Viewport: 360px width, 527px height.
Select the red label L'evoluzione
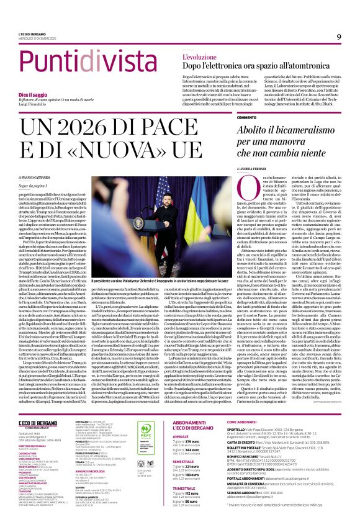point(182,56)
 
